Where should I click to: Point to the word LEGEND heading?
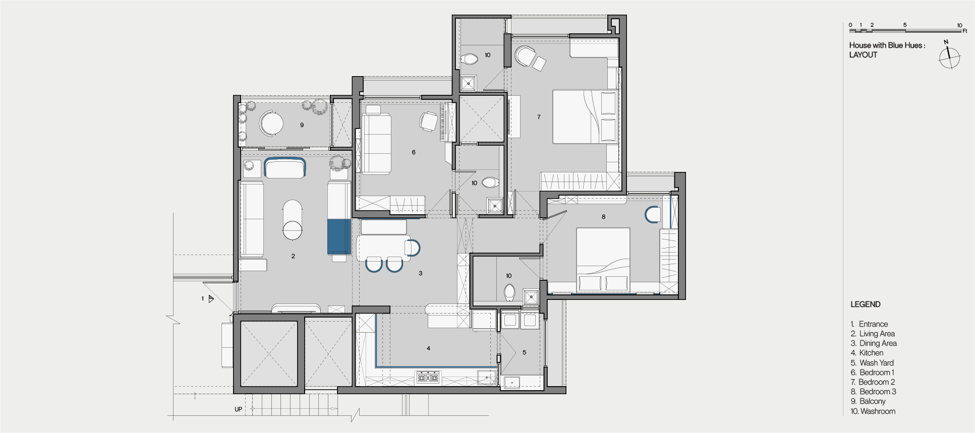click(x=865, y=304)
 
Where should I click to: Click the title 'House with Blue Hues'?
click(x=887, y=45)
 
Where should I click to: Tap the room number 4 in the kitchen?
click(x=428, y=348)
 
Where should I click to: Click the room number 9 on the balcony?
click(x=302, y=125)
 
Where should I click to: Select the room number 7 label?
click(x=539, y=117)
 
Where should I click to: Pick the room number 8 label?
click(x=603, y=217)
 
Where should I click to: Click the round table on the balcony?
click(x=271, y=123)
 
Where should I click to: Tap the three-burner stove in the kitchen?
click(x=427, y=377)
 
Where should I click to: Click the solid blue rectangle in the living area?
click(x=339, y=237)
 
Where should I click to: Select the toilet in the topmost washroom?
click(x=470, y=59)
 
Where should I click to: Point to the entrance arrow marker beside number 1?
click(x=211, y=299)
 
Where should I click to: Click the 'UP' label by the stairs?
click(x=238, y=409)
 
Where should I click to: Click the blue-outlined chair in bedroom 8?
click(x=653, y=215)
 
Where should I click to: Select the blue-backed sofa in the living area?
click(x=285, y=167)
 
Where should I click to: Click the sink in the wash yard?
click(x=512, y=382)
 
